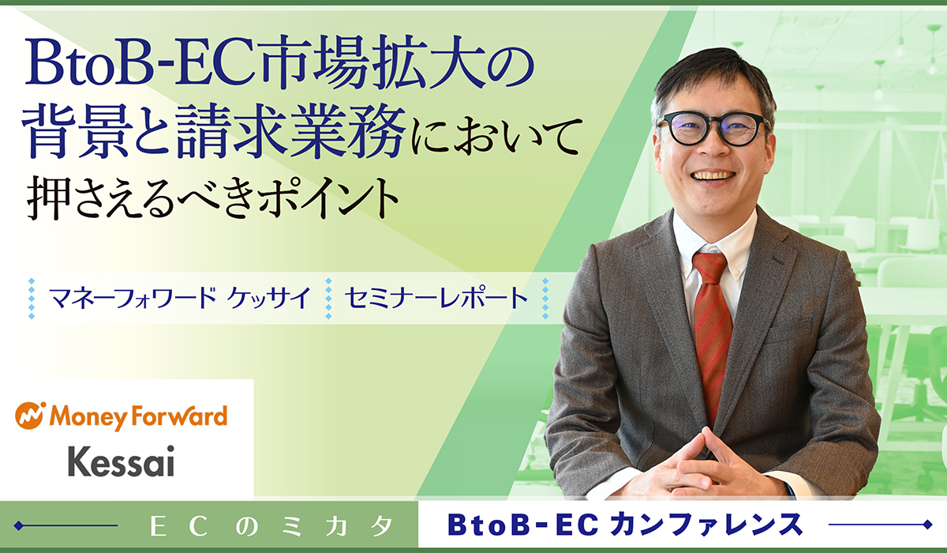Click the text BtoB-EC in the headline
point(142,63)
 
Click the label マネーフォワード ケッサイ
point(180,298)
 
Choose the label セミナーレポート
point(436,298)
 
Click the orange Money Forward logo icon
point(30,416)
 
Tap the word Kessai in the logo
point(122,461)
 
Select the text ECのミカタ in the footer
point(271,526)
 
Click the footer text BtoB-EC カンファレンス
point(625,525)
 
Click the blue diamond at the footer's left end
point(18,526)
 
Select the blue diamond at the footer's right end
point(928,525)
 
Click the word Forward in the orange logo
point(179,416)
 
